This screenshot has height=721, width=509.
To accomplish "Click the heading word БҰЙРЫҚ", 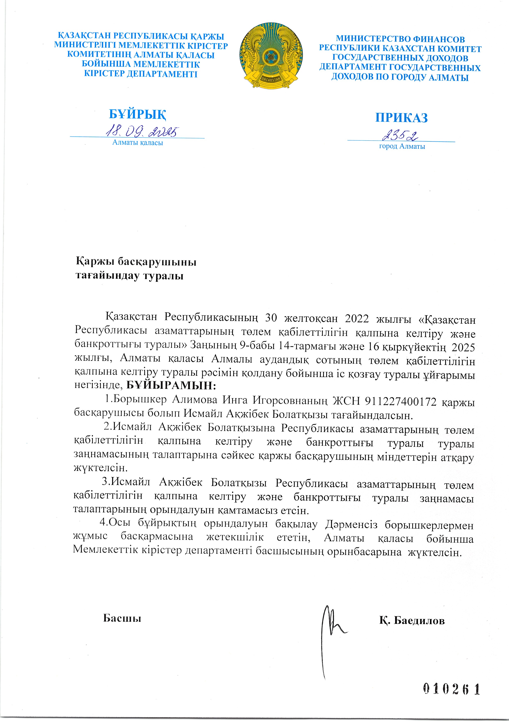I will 137,114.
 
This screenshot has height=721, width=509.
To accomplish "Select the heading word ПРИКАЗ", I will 401,118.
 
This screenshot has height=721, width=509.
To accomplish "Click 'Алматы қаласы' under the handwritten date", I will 138,143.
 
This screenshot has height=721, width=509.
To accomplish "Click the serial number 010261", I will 452,689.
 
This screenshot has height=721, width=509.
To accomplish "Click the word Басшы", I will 122,618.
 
